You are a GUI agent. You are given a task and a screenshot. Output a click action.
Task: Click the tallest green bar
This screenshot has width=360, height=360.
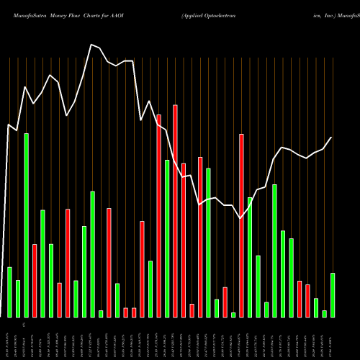pyautogui.click(x=27, y=225)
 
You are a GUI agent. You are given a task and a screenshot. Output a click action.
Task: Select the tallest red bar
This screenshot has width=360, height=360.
pyautogui.click(x=175, y=211)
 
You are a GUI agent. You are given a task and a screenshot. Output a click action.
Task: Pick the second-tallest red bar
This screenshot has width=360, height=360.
pyautogui.click(x=158, y=216)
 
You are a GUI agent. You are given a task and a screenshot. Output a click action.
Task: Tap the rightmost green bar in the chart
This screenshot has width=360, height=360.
pyautogui.click(x=333, y=295)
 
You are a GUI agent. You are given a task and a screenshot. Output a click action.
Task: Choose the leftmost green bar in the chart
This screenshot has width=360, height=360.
pyautogui.click(x=10, y=292)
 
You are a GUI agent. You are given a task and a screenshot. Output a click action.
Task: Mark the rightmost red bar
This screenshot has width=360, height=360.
pyautogui.click(x=307, y=301)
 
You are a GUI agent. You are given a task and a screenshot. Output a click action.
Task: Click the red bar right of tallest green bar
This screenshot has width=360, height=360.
pyautogui.click(x=35, y=281)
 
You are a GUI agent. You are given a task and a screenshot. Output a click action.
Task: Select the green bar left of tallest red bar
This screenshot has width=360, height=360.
pyautogui.click(x=167, y=238)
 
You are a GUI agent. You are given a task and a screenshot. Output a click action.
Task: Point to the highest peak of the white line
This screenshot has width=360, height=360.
pyautogui.click(x=91, y=45)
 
